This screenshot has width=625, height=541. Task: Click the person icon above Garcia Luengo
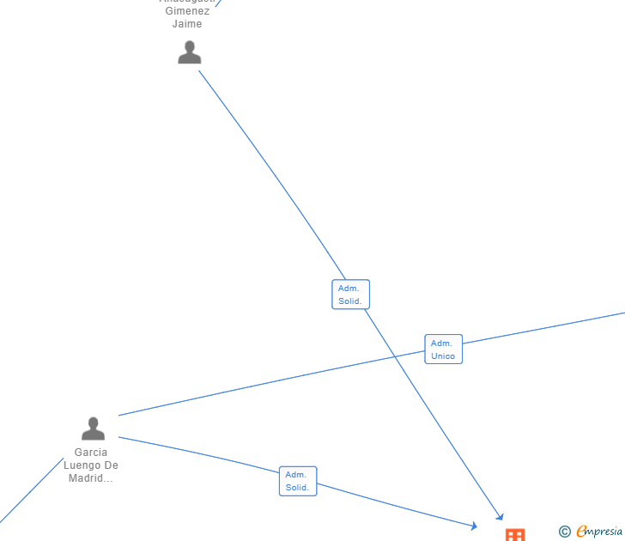coord(93,428)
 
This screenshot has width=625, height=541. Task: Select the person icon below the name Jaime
coord(189,52)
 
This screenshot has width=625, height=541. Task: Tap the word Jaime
coord(187,24)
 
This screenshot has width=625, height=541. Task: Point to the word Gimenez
coord(187,11)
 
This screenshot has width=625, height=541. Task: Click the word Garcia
coord(91,453)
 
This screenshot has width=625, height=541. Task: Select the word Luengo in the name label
coord(82,465)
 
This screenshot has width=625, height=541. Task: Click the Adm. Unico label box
coord(443,350)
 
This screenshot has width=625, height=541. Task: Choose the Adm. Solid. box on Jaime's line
coord(350,295)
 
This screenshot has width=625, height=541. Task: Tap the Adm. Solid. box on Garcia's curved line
coord(297,481)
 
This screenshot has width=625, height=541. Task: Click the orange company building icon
coord(514,534)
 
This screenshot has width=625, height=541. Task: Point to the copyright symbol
coord(565,532)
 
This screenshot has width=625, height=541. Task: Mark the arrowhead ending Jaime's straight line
coord(500,516)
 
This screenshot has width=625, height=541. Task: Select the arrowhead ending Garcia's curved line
coord(473,525)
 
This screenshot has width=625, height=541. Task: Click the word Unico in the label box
coord(443,356)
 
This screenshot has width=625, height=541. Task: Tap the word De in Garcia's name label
coord(111,465)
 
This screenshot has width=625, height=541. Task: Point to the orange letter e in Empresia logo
coord(581,532)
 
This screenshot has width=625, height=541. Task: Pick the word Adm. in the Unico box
coord(441,343)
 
